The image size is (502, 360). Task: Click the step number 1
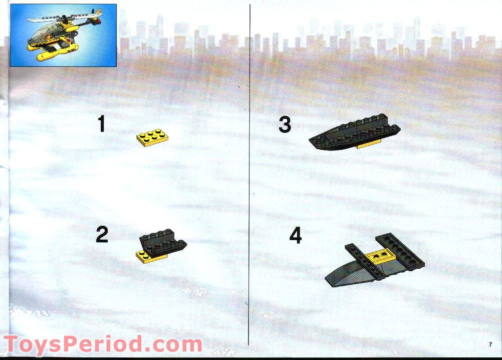coord(102,124)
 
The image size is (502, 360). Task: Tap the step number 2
coord(102,234)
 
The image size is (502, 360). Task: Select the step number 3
coord(285,124)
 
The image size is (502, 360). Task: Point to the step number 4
coord(296,236)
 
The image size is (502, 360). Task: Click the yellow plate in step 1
coord(152,138)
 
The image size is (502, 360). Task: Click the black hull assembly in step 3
coord(355,132)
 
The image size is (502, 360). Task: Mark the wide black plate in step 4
coord(400,252)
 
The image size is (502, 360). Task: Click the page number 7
coord(490,344)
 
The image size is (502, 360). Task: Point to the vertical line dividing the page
coord(249,175)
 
